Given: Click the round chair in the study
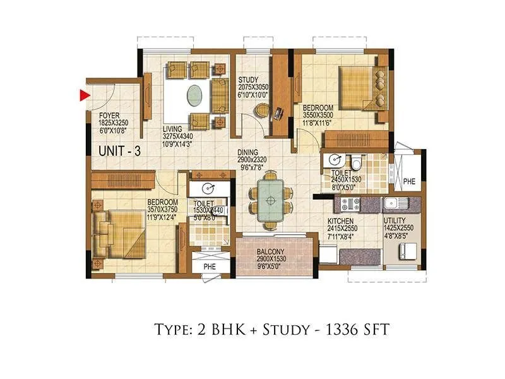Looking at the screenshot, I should pyautogui.click(x=261, y=111).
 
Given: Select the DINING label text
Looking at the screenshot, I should pyautogui.click(x=251, y=152).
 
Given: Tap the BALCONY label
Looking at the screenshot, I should pyautogui.click(x=271, y=251).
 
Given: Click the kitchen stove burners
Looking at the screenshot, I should pyautogui.click(x=350, y=204).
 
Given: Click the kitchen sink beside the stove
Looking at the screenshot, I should pyautogui.click(x=392, y=203).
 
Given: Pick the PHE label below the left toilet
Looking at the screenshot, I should pyautogui.click(x=209, y=267).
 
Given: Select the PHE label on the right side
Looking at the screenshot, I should pyautogui.click(x=409, y=181).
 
